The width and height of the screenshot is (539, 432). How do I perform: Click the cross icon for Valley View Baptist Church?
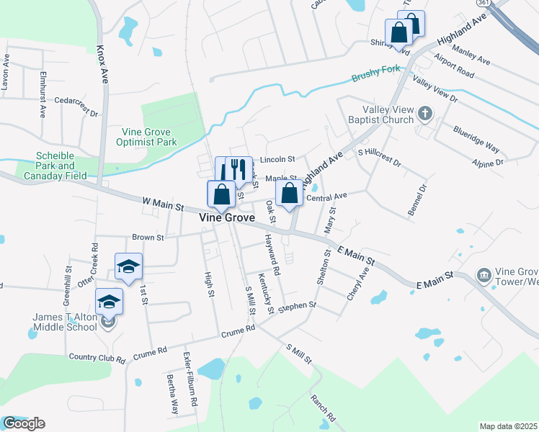pyautogui.click(x=425, y=113)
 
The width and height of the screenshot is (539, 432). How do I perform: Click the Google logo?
pyautogui.click(x=23, y=423)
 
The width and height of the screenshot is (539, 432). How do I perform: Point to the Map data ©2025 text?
pyautogui.click(x=507, y=426)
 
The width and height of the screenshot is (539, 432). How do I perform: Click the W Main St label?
pyautogui.click(x=163, y=204)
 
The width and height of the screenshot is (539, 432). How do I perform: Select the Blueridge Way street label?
pyautogui.click(x=476, y=138)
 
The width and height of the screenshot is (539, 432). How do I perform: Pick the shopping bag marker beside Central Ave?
pyautogui.click(x=289, y=193)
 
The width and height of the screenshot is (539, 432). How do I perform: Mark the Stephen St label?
pyautogui.click(x=298, y=306)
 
